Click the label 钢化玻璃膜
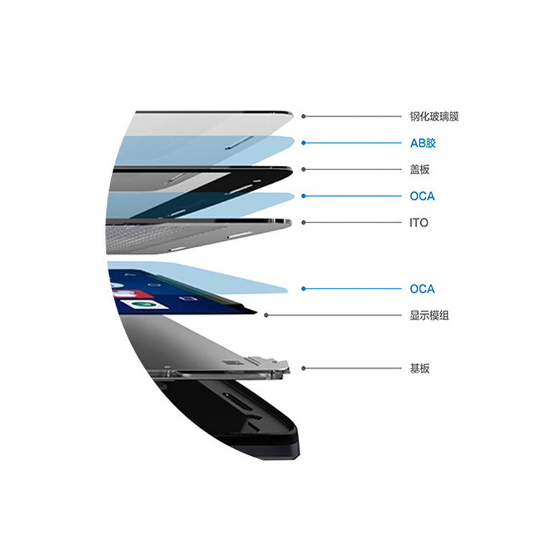point(434,116)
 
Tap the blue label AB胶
point(422,143)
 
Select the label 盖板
point(420,169)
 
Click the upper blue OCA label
point(422,196)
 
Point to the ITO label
point(419,222)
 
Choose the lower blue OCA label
point(422,288)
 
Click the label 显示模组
point(430,316)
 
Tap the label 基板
point(420,368)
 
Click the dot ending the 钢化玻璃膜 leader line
point(303,116)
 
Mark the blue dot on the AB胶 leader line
point(303,143)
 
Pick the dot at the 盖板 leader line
point(303,169)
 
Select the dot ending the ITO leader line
point(303,222)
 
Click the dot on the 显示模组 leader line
point(266,316)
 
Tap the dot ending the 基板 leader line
point(303,368)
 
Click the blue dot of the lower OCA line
point(303,288)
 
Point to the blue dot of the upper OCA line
point(303,196)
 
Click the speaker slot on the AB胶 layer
point(239,143)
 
